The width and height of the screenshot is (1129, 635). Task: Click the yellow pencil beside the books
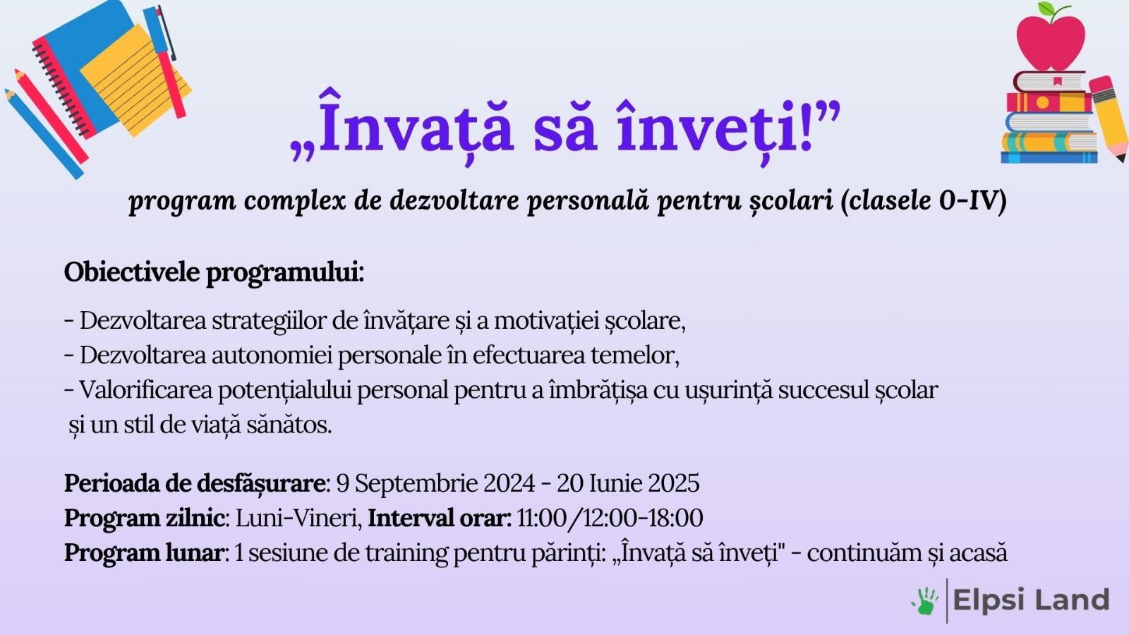[1110, 116]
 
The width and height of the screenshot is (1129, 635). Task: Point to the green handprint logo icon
[925, 601]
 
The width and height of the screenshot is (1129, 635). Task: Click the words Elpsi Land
[1031, 600]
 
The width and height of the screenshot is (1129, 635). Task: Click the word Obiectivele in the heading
[131, 272]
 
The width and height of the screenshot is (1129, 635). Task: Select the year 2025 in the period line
[673, 483]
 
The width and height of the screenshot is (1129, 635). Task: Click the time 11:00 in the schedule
[541, 518]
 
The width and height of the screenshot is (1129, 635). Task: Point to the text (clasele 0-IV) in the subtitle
[923, 200]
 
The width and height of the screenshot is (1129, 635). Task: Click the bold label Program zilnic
[145, 518]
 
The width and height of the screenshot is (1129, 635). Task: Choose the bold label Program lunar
[145, 552]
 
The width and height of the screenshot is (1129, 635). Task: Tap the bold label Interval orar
[439, 518]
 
